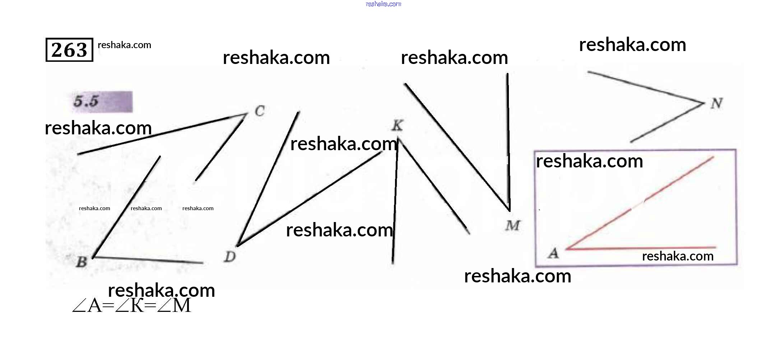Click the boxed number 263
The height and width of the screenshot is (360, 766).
pos(69,50)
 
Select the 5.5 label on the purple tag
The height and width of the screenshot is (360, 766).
pos(86,101)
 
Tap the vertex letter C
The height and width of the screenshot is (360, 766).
pos(260,111)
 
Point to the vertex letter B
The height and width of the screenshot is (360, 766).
pos(82,262)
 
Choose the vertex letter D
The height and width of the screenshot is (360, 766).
pos(229,257)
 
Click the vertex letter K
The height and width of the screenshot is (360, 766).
pos(397,125)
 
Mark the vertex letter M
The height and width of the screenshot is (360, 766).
pos(512,226)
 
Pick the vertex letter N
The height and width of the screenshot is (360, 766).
pos(716,103)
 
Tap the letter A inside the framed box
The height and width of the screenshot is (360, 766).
pos(553,253)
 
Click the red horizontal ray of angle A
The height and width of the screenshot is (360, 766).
pos(643,248)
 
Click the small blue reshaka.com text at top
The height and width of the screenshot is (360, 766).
pos(383,4)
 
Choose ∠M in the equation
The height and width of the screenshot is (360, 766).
pos(174,306)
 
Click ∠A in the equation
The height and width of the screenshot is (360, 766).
pos(87,306)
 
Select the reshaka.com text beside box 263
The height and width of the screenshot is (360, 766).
pos(124,45)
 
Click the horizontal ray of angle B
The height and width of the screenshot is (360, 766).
pos(147,260)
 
